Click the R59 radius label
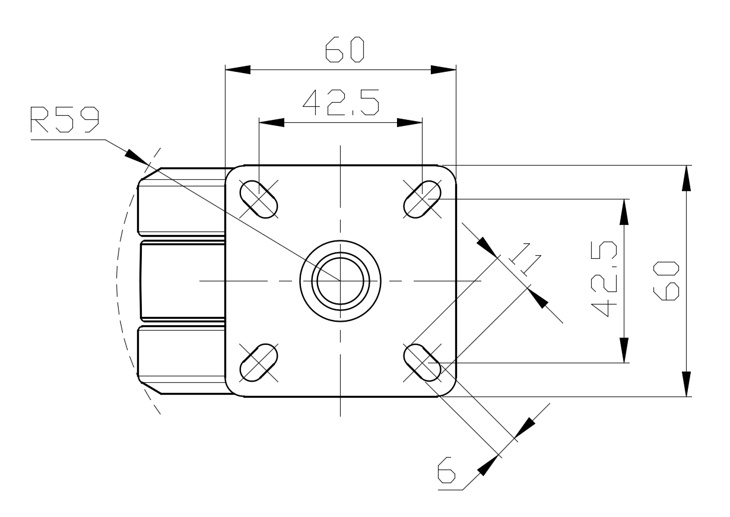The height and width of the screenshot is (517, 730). [65, 120]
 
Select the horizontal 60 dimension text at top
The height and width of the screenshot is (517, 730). [344, 49]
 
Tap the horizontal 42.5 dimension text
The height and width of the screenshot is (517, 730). [341, 102]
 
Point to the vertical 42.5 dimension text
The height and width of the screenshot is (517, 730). [604, 279]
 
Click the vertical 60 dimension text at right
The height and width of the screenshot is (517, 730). [666, 281]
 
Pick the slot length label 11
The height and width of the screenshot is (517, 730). [525, 259]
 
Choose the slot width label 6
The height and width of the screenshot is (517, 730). [446, 470]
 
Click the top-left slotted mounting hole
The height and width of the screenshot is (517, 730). [259, 199]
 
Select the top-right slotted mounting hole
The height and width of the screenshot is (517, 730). [422, 199]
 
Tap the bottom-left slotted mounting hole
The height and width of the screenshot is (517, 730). [259, 362]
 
